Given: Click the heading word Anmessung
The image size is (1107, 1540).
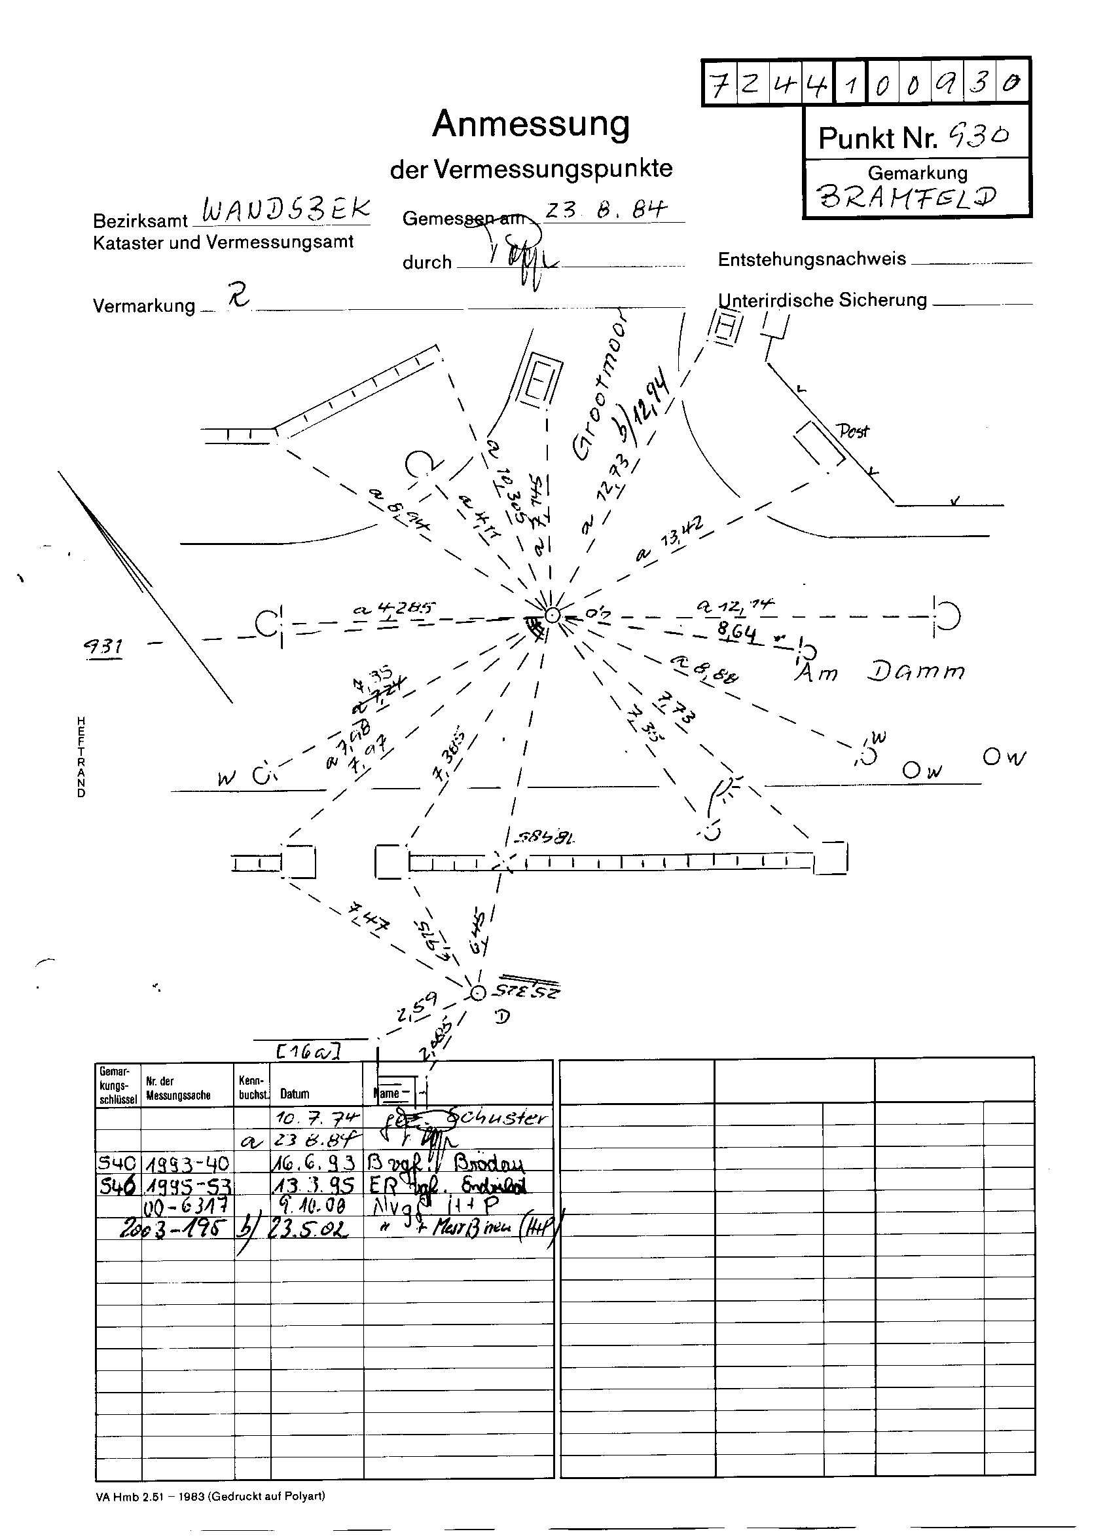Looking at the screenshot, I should tap(531, 124).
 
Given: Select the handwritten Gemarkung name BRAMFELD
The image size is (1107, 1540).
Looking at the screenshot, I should tap(907, 197).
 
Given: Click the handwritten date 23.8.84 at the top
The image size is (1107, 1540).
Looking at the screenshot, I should tap(606, 210).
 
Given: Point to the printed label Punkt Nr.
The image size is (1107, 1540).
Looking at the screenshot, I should tap(877, 138).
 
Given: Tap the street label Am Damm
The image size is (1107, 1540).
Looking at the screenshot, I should tap(880, 671).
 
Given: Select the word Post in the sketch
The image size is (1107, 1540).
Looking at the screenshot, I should tap(852, 430).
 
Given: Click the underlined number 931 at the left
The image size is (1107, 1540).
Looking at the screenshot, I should tap(103, 646).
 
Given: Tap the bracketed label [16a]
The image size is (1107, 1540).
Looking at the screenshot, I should tap(308, 1051).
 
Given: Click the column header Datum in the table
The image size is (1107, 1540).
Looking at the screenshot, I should tap(295, 1094).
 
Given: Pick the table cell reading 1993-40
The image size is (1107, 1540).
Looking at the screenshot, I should tap(187, 1164).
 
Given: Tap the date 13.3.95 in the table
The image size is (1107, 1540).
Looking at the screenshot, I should tap(315, 1185).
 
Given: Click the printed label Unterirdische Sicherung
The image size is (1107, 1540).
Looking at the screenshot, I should tap(822, 300).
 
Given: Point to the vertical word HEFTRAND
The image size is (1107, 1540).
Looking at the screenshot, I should tap(81, 757).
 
